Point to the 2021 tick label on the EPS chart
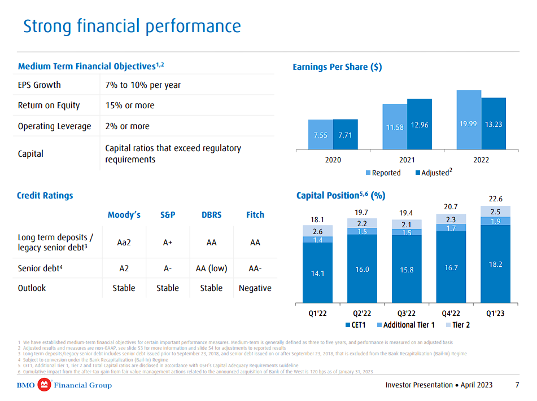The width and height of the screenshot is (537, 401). [407, 160]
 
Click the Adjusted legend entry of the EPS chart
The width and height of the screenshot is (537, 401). [434, 173]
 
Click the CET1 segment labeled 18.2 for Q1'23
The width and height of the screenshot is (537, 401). [495, 264]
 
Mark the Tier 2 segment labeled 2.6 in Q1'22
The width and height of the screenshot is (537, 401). [317, 231]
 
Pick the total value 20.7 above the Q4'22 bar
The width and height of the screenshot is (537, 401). [451, 207]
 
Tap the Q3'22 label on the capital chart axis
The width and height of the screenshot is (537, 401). [406, 314]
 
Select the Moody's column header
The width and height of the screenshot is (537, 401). [124, 215]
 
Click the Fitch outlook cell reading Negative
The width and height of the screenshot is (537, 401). [255, 288]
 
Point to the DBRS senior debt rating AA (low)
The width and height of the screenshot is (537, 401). [211, 268]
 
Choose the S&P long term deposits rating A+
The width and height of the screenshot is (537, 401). [167, 243]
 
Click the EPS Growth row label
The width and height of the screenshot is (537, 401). [40, 85]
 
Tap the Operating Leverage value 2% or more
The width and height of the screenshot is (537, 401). [128, 126]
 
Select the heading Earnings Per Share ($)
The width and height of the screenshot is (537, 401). [337, 67]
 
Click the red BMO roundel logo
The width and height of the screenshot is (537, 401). [44, 385]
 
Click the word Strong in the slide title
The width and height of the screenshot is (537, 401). [47, 27]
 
